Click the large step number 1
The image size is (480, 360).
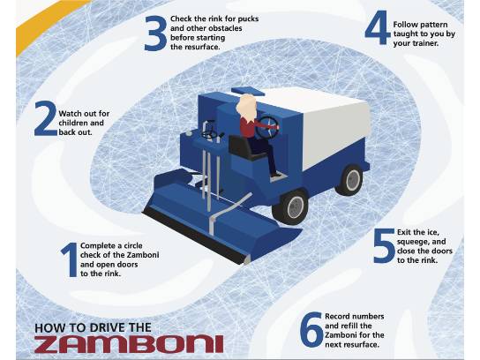[x=70, y=259]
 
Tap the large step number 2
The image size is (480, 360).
[x=46, y=118]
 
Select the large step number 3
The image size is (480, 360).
[x=155, y=34]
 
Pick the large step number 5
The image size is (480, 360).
[x=384, y=246]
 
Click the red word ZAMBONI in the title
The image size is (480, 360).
[x=129, y=344]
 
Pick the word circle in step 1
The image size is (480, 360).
[x=133, y=245]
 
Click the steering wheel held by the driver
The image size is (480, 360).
[x=267, y=127]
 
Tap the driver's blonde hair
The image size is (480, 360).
[x=247, y=107]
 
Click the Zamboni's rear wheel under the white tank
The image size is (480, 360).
[x=351, y=179]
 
